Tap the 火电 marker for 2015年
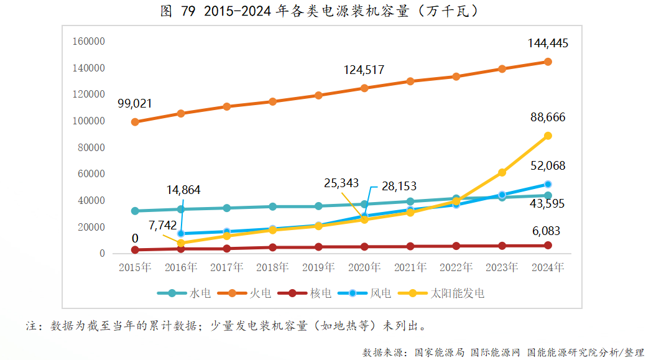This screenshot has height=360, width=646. point(135,122)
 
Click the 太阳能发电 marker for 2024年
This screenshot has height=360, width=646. point(548,136)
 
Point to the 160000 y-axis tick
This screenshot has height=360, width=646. point(88,42)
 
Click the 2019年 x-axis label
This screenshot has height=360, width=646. point(318,268)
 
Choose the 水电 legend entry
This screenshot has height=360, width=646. point(185,293)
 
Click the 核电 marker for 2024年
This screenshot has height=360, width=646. point(548,246)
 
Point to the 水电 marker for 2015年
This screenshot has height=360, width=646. point(135,211)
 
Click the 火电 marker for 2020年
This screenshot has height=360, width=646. point(364,88)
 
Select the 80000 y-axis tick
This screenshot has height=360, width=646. point(91,147)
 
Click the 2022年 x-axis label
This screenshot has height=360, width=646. point(456,268)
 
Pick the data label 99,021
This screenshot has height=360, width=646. point(134,103)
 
